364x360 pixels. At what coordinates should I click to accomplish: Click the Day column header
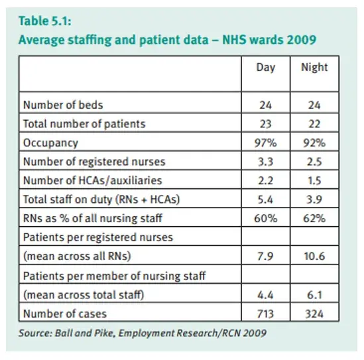(266, 68)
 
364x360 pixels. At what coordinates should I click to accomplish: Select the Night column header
(314, 68)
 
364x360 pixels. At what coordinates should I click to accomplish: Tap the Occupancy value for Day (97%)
(266, 143)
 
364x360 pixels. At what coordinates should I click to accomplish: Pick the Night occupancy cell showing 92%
(314, 143)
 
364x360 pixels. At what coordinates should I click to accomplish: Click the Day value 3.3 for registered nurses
(266, 162)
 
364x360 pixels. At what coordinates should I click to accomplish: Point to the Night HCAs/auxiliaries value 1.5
(314, 180)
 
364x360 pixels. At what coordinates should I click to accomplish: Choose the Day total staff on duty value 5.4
(266, 200)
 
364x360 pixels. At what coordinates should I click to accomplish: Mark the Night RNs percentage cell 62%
(314, 218)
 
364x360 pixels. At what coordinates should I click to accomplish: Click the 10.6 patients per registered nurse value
(314, 257)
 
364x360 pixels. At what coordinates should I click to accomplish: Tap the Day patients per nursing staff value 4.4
(266, 295)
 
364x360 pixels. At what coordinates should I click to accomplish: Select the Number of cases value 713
(266, 314)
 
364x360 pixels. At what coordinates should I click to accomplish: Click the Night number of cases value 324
(314, 314)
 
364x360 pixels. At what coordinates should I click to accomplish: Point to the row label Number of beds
(63, 105)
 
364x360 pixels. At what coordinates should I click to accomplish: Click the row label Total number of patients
(84, 124)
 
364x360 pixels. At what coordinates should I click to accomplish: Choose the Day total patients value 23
(266, 124)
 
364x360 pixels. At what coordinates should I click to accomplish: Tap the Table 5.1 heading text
(45, 21)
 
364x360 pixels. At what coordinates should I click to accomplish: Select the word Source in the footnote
(36, 333)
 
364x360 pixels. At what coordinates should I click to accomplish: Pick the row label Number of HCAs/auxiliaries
(93, 180)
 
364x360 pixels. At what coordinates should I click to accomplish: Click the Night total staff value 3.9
(314, 200)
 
